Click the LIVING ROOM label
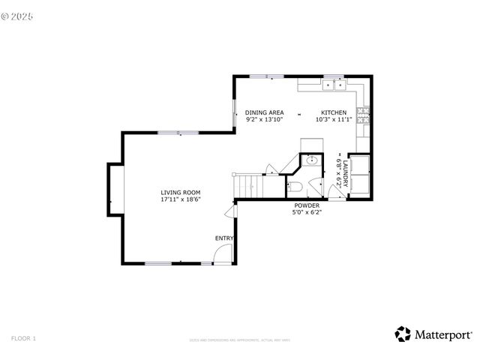pyautogui.click(x=180, y=193)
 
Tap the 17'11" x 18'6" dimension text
pyautogui.click(x=180, y=200)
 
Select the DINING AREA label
pyautogui.click(x=264, y=112)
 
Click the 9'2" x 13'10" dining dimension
pyautogui.click(x=264, y=119)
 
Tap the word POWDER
pyautogui.click(x=307, y=205)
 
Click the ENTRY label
pyautogui.click(x=223, y=238)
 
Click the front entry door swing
pyautogui.click(x=223, y=255)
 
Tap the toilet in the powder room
pyautogui.click(x=295, y=186)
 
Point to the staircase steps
pyautogui.click(x=247, y=184)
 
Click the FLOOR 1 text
pyautogui.click(x=23, y=339)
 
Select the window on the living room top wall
pyautogui.click(x=178, y=133)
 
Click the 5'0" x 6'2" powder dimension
pyautogui.click(x=307, y=212)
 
